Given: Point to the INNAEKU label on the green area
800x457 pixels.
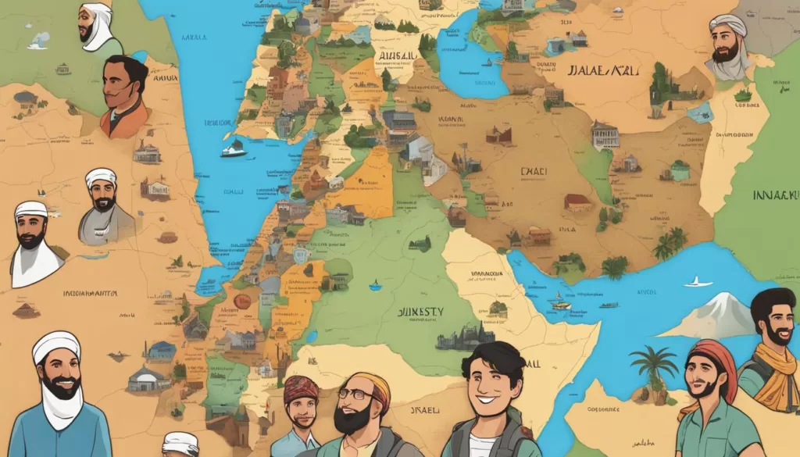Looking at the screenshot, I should click(x=776, y=195).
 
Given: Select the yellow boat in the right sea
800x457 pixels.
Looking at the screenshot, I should click(x=560, y=301).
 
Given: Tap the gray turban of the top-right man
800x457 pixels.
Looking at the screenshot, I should click(x=727, y=24).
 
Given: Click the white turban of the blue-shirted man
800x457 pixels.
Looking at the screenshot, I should click(x=56, y=344).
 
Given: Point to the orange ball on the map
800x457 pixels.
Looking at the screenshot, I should click(x=242, y=300).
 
